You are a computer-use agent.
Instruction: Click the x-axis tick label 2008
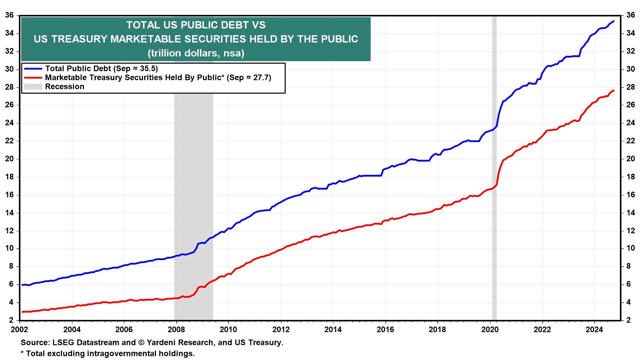[x=176, y=330]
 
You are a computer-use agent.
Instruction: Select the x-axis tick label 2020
[x=490, y=330]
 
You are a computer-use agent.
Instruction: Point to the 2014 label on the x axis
[x=333, y=330]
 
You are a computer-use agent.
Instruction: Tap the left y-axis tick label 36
[x=9, y=15]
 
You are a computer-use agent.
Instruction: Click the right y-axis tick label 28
[x=630, y=87]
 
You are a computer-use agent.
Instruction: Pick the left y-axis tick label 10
[x=9, y=248]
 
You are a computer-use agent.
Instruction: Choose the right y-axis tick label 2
[x=628, y=320]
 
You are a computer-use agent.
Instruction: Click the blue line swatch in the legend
[x=33, y=69]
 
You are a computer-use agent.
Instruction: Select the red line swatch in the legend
[x=33, y=78]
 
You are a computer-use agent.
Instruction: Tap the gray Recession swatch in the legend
[x=33, y=87]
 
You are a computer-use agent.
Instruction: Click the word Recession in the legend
[x=65, y=87]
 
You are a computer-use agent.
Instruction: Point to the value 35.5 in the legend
[x=148, y=69]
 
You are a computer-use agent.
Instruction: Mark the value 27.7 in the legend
[x=262, y=78]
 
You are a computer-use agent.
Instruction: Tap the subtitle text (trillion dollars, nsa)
[x=196, y=53]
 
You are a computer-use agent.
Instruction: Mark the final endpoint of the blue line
[x=614, y=21]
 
